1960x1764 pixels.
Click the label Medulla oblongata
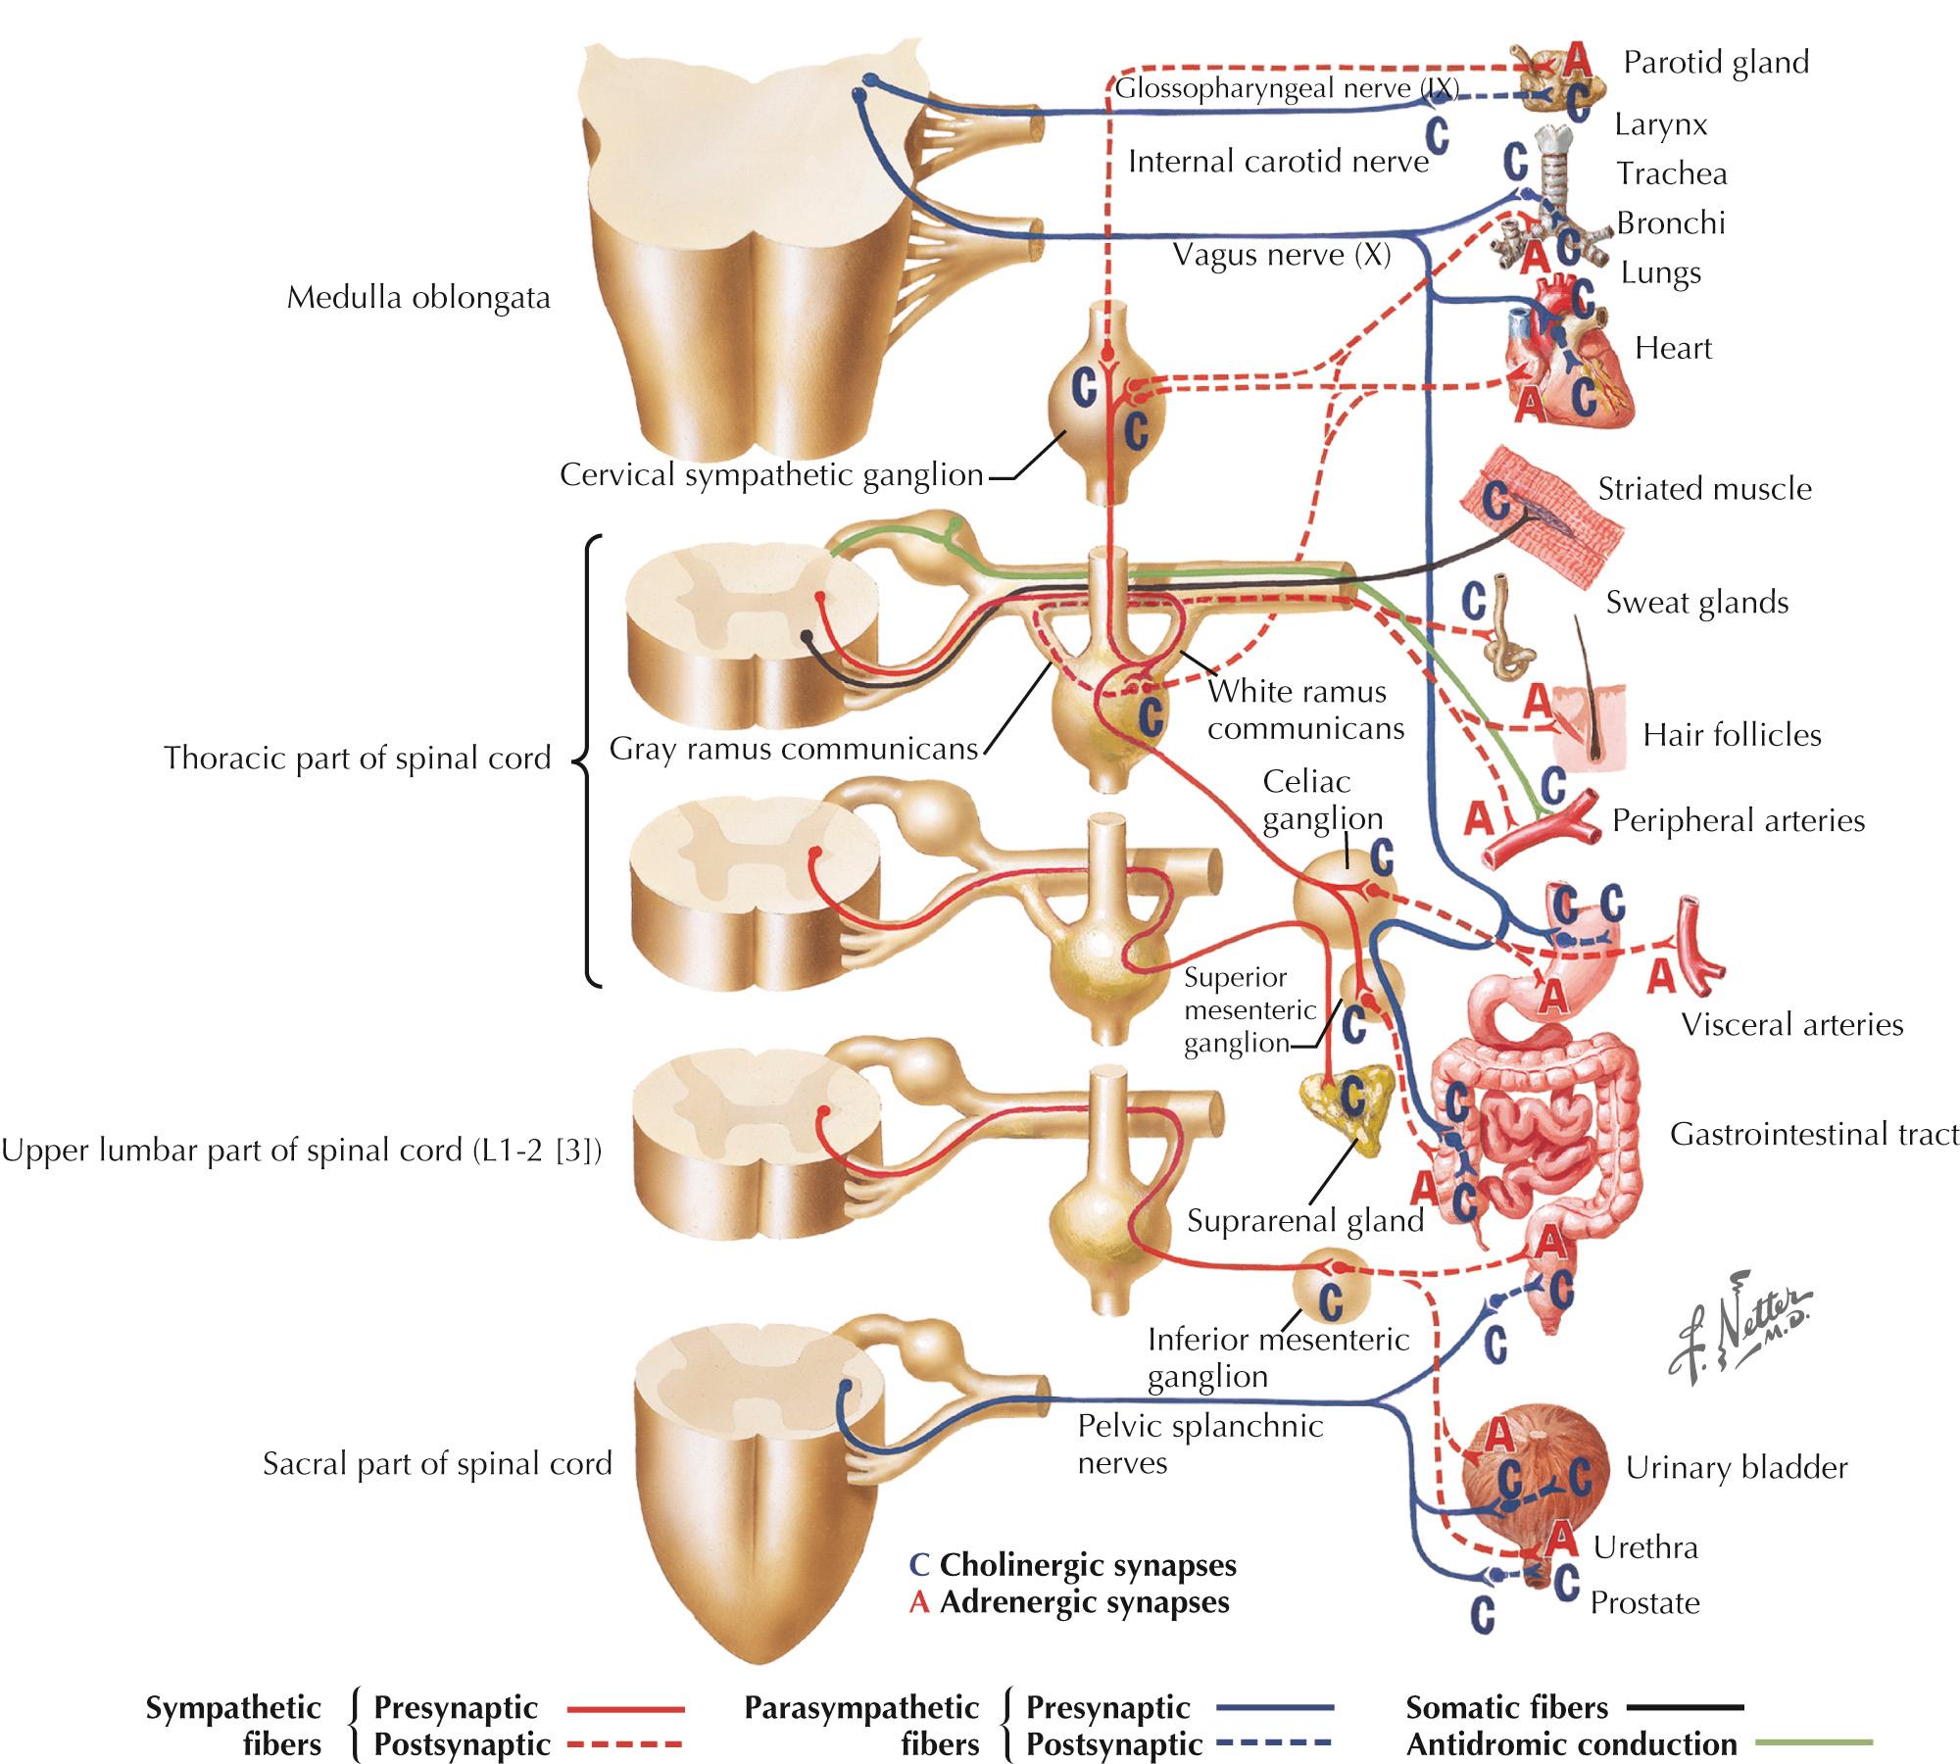click(x=418, y=297)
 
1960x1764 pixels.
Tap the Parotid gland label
click(x=1716, y=62)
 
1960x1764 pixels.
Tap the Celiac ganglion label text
click(x=1321, y=800)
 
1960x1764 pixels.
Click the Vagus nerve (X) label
click(x=1282, y=256)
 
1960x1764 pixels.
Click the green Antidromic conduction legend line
click(x=1813, y=1742)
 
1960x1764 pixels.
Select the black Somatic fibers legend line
click(x=1686, y=1707)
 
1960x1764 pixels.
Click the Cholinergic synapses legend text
click(x=1087, y=1566)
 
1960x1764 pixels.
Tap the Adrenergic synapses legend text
click(x=1083, y=1603)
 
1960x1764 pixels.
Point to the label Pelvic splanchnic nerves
click(x=1200, y=1445)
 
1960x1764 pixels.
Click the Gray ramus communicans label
click(x=794, y=750)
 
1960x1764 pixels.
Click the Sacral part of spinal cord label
click(x=437, y=1464)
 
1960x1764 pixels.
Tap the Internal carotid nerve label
click(x=1278, y=162)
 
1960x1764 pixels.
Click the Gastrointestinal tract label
click(x=1814, y=1135)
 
